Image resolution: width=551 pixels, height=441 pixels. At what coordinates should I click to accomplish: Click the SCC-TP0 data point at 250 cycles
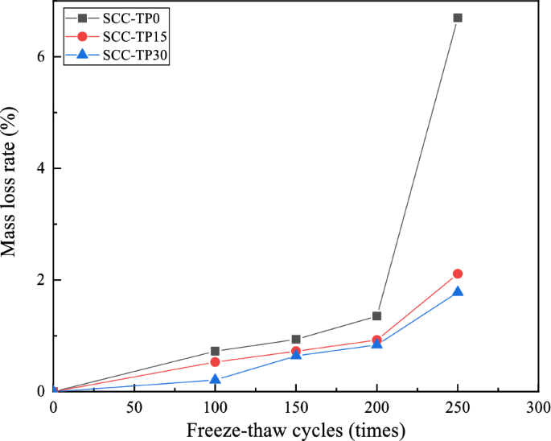coord(458,17)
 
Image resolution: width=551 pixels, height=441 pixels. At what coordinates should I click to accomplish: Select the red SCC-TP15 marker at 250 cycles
coord(458,274)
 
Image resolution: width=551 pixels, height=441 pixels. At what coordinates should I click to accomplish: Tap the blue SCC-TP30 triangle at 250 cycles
coord(458,291)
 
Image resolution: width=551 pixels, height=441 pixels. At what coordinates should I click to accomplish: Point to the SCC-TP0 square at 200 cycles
coord(376,316)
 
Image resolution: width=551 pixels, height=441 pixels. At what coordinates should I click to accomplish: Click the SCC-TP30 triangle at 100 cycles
coord(215,379)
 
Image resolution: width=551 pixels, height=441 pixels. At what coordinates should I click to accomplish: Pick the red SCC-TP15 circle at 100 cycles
coord(215,362)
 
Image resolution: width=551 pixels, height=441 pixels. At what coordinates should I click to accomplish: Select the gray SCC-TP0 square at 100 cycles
coord(215,351)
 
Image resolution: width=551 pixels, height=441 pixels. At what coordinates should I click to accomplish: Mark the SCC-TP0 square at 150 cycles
coord(296,340)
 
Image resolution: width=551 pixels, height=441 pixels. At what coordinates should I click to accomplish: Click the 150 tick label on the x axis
coord(296,406)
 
